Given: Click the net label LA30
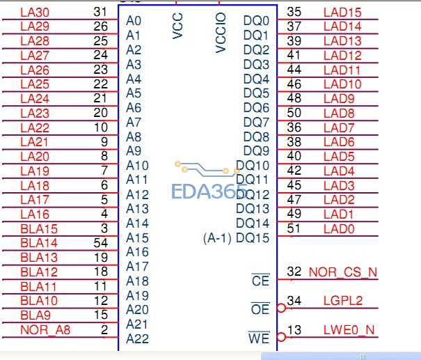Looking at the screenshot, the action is (35, 13).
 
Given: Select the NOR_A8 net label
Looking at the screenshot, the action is (45, 330).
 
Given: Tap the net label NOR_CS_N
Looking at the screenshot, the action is (343, 272).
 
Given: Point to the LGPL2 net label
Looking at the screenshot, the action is (343, 301).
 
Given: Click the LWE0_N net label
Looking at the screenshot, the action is (349, 330).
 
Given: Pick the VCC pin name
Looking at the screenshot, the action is (177, 26).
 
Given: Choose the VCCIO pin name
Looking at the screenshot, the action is (221, 33).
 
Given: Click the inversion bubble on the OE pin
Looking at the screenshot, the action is (281, 308).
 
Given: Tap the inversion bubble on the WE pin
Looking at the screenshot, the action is (281, 337).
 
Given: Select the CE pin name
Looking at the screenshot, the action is (260, 281).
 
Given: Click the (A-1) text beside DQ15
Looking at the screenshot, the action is (217, 238).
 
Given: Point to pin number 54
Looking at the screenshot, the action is (101, 243).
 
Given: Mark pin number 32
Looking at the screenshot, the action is (294, 272).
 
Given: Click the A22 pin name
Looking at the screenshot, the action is (137, 338).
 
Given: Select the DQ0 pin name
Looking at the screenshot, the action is (256, 21).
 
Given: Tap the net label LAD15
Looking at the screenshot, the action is (342, 13).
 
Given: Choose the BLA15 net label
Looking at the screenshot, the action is (39, 229).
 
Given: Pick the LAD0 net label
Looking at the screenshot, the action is (339, 229).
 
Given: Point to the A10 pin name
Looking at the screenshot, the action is (137, 166).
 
